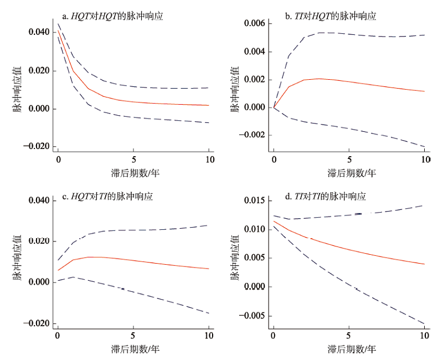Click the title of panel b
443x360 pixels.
(x=331, y=17)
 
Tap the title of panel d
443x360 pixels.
(x=325, y=196)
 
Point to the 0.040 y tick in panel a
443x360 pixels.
(x=38, y=32)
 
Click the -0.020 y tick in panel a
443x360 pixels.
(x=37, y=146)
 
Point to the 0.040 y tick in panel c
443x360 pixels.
(x=38, y=200)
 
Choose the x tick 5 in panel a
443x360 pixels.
(x=133, y=159)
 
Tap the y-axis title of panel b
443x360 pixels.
(x=235, y=89)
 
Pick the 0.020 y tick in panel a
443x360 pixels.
(x=38, y=71)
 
